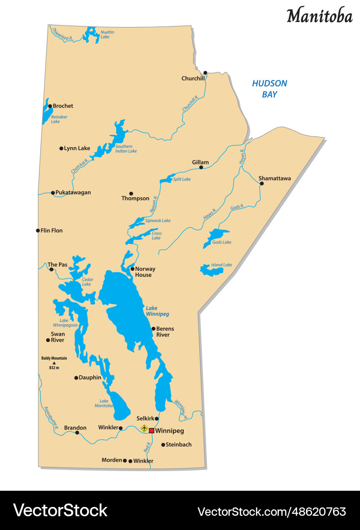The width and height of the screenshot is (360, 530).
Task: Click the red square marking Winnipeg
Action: pyautogui.click(x=152, y=430)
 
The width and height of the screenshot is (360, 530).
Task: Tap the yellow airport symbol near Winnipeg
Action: pyautogui.click(x=144, y=428)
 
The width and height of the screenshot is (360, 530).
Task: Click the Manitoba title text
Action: pyautogui.click(x=319, y=16)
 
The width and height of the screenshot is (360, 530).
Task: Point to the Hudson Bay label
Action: pyautogui.click(x=269, y=89)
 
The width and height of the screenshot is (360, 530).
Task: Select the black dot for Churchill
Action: pyautogui.click(x=205, y=73)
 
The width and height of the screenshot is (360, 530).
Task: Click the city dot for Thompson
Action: pyautogui.click(x=131, y=193)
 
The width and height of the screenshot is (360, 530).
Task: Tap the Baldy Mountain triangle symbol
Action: pyautogui.click(x=54, y=363)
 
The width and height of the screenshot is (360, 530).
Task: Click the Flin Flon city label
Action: pyautogui.click(x=52, y=230)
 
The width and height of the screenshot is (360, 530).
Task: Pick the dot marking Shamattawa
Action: pyautogui.click(x=262, y=184)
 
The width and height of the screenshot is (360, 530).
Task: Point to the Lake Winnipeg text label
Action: pyautogui.click(x=157, y=311)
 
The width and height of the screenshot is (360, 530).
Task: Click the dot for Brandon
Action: pyautogui.click(x=77, y=433)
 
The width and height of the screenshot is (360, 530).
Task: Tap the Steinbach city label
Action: pyautogui.click(x=179, y=445)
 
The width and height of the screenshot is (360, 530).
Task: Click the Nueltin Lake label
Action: pyautogui.click(x=108, y=34)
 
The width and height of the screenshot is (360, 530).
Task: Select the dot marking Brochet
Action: pyautogui.click(x=50, y=106)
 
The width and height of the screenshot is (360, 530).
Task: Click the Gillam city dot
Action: pyautogui.click(x=201, y=167)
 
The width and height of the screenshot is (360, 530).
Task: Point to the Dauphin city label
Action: pyautogui.click(x=90, y=377)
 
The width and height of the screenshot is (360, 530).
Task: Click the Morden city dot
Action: pyautogui.click(x=125, y=460)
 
